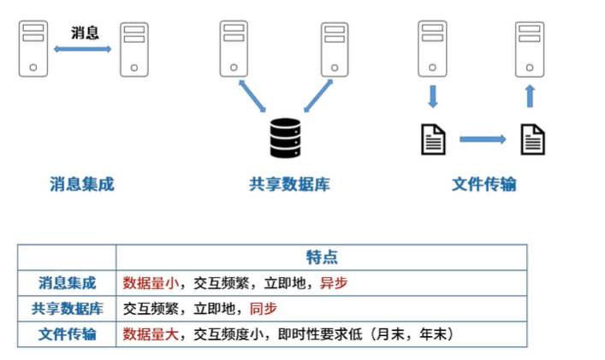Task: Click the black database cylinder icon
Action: pyautogui.click(x=285, y=138)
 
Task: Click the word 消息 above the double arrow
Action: pyautogui.click(x=84, y=33)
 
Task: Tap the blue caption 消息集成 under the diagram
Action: pyautogui.click(x=82, y=184)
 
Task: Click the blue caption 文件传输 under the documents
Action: pyautogui.click(x=483, y=184)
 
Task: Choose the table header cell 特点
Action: pyautogui.click(x=321, y=257)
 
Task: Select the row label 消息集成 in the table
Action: pyautogui.click(x=68, y=283)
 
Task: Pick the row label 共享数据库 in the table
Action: pyautogui.click(x=68, y=309)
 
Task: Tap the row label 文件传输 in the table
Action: pyautogui.click(x=68, y=334)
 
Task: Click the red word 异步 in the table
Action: pyautogui.click(x=333, y=283)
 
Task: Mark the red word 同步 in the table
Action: pyautogui.click(x=263, y=309)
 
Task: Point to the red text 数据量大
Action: pyautogui.click(x=151, y=334)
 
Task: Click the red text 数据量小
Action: pyautogui.click(x=151, y=283)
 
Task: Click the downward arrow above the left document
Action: pyautogui.click(x=432, y=95)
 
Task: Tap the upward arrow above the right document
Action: pyautogui.click(x=531, y=95)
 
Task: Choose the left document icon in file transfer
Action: pyautogui.click(x=433, y=139)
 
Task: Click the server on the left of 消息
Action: pyautogui.click(x=33, y=50)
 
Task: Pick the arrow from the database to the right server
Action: pyautogui.click(x=316, y=97)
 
